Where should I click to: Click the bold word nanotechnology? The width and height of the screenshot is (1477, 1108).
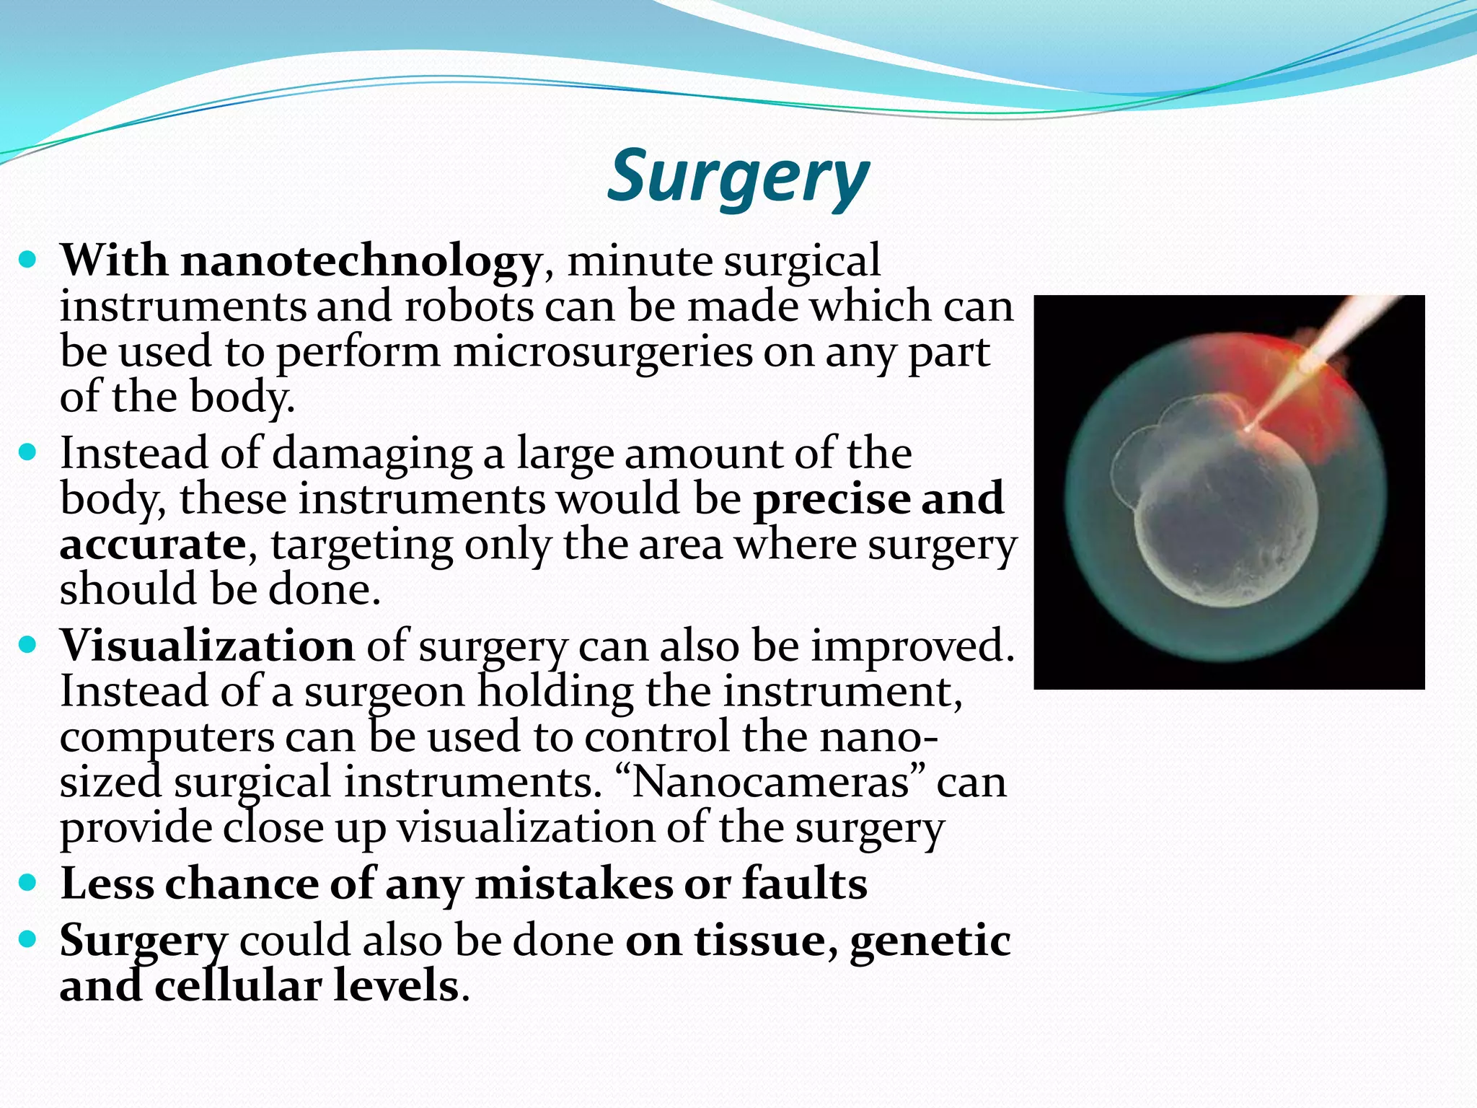tap(361, 260)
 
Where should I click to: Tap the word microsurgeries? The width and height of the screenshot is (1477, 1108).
tap(603, 353)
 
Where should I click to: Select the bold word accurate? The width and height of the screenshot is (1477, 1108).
tap(153, 545)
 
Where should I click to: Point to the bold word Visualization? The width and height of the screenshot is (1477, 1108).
tap(207, 645)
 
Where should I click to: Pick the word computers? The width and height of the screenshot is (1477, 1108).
tap(167, 738)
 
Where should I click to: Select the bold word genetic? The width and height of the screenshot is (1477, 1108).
tap(930, 941)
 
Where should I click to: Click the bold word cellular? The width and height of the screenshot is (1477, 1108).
tap(237, 986)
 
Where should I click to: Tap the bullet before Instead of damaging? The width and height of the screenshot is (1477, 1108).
tap(27, 453)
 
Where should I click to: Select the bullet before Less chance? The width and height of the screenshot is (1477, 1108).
tap(27, 882)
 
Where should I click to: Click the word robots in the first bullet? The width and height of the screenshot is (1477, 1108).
tap(469, 307)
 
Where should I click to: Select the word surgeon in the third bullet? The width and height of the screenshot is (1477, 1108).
tap(384, 692)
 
